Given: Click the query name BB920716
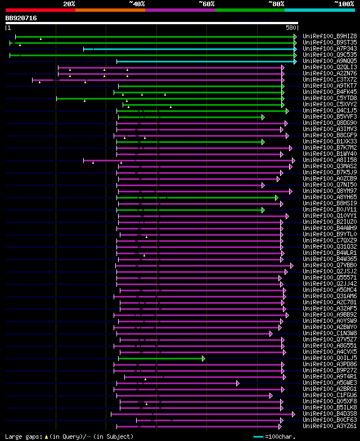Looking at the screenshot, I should pyautogui.click(x=21, y=18).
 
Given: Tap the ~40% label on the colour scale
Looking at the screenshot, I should pyautogui.click(x=137, y=4).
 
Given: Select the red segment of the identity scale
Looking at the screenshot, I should pyautogui.click(x=40, y=10).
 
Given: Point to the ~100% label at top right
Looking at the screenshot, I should pyautogui.click(x=344, y=4).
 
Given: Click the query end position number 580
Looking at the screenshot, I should pyautogui.click(x=291, y=27).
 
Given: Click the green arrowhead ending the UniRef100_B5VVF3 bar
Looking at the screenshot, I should pyautogui.click(x=262, y=117).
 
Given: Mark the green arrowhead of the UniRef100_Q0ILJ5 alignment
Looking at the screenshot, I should pyautogui.click(x=203, y=358).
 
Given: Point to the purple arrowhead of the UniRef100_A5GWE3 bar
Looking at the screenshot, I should pyautogui.click(x=237, y=383).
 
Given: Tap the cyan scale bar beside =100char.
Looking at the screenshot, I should pyautogui.click(x=258, y=436).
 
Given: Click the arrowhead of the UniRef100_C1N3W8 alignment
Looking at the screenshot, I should pyautogui.click(x=271, y=334).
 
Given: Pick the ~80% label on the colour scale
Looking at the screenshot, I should pyautogui.click(x=276, y=4).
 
